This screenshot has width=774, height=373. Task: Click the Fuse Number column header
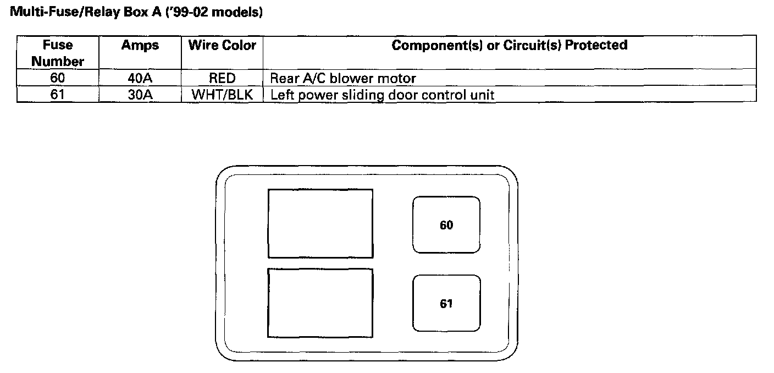click(x=58, y=53)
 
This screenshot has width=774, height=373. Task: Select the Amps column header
click(x=140, y=45)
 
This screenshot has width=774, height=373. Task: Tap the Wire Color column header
click(x=222, y=45)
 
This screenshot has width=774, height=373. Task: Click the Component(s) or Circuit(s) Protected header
click(x=509, y=45)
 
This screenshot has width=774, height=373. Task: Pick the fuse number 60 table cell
click(x=58, y=78)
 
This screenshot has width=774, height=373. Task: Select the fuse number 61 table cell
click(x=58, y=95)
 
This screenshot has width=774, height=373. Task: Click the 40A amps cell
click(x=140, y=78)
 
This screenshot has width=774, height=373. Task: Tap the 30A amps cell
click(x=140, y=95)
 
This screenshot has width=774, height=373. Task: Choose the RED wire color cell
click(x=222, y=78)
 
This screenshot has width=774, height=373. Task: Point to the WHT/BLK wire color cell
click(x=222, y=95)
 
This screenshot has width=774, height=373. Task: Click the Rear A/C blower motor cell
click(x=342, y=78)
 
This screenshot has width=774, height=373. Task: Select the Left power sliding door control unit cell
click(x=382, y=95)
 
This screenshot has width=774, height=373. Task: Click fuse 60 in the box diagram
click(x=446, y=225)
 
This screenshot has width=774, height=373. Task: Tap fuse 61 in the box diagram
click(x=446, y=303)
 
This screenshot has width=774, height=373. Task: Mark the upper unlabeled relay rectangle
click(x=320, y=223)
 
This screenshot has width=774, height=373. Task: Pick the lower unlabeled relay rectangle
click(x=320, y=303)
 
